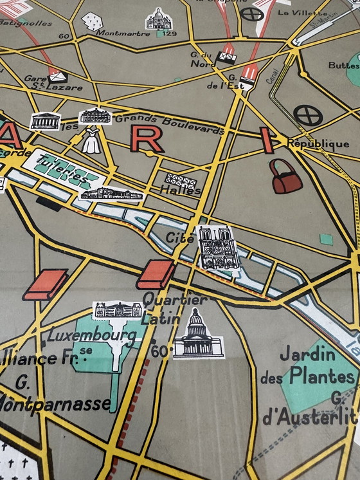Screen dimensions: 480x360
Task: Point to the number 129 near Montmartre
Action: (169, 33)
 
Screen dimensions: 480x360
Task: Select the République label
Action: (318, 143)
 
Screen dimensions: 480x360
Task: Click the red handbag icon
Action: (286, 176)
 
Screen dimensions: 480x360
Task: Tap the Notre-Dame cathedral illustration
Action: (219, 247)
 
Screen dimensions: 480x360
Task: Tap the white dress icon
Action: (93, 140)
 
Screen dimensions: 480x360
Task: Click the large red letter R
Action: (147, 139)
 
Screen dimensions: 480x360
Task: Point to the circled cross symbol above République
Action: (307, 116)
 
